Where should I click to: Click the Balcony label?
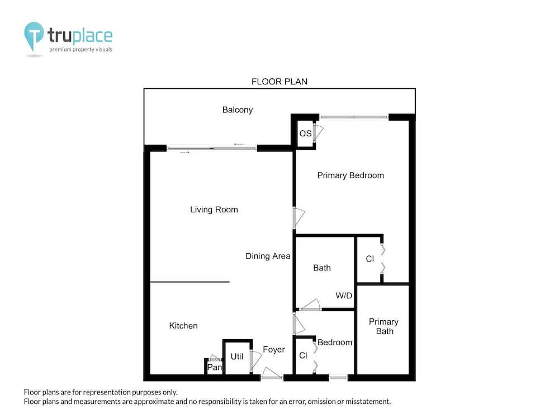[238, 109]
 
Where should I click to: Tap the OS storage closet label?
[306, 134]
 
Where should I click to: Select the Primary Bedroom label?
[350, 175]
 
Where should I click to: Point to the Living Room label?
[214, 209]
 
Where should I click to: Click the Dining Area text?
[268, 256]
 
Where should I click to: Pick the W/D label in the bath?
[344, 296]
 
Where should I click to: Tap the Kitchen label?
[183, 325]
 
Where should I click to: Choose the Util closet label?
[236, 356]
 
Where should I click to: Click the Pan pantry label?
[215, 368]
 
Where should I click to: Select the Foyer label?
[274, 350]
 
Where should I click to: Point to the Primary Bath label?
[383, 326]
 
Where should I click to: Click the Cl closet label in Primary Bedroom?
[370, 259]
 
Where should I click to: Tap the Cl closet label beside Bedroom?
[304, 355]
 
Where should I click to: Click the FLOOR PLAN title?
[279, 82]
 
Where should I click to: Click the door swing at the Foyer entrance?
[272, 373]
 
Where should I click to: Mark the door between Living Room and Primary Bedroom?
[299, 218]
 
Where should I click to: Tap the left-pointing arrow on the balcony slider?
[239, 144]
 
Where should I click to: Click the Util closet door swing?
[256, 360]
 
